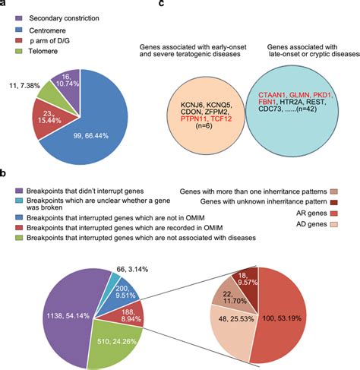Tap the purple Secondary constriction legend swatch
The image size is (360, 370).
tap(11, 17)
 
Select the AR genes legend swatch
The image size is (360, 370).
tap(352, 226)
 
